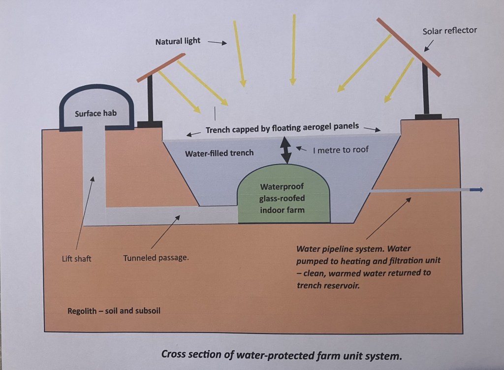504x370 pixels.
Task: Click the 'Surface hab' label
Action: [95, 114]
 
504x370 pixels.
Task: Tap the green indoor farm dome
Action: [282, 198]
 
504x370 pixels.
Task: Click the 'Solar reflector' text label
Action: [449, 31]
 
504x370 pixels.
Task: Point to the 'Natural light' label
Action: [178, 41]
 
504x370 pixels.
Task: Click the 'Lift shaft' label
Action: [76, 258]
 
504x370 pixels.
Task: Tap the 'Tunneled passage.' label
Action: [156, 257]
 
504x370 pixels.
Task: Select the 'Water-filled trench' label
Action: [219, 153]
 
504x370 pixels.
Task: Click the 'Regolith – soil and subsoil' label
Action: [114, 311]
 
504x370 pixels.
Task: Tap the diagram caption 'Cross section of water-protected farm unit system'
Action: [281, 355]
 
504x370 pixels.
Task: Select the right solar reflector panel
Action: [409, 47]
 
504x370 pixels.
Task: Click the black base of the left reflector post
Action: [150, 124]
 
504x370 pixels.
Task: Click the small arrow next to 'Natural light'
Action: [217, 43]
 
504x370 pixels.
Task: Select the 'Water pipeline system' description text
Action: [368, 266]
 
